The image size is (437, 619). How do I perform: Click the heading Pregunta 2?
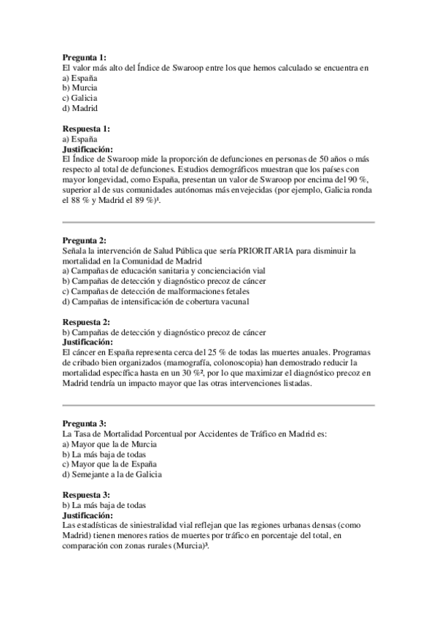tap(84, 240)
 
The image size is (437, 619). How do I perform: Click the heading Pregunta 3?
tap(84, 423)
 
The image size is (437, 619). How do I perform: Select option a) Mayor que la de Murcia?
tap(109, 444)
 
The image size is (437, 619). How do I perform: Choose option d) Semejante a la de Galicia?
tap(112, 474)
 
